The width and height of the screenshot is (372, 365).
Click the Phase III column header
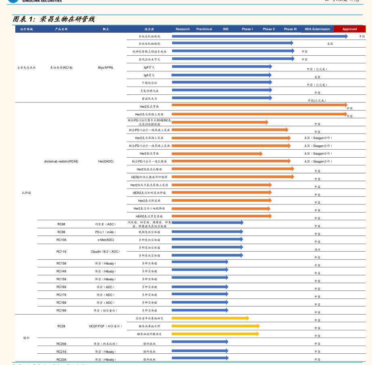click(x=290, y=29)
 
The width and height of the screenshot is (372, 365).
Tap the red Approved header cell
click(x=349, y=29)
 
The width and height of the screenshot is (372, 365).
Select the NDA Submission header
click(x=317, y=29)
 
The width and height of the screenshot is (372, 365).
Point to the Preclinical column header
click(x=204, y=29)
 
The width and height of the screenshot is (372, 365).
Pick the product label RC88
click(x=61, y=224)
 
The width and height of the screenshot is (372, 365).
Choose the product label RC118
click(x=61, y=252)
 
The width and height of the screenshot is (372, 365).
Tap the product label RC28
click(x=61, y=326)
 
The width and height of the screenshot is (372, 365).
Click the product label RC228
click(x=61, y=359)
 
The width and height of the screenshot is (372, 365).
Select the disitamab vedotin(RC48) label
click(x=61, y=161)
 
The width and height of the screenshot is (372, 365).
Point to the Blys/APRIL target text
click(x=106, y=67)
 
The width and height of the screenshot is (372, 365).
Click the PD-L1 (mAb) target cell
click(x=105, y=232)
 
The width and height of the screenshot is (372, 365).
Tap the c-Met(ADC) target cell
click(x=106, y=240)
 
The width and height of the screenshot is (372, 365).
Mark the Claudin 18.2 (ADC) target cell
click(x=106, y=252)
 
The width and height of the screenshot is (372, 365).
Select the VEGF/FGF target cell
click(x=106, y=326)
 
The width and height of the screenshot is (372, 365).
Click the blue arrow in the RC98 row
click(x=207, y=232)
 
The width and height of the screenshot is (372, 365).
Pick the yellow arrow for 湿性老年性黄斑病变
click(x=210, y=318)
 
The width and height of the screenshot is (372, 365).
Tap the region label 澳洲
click(x=318, y=250)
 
